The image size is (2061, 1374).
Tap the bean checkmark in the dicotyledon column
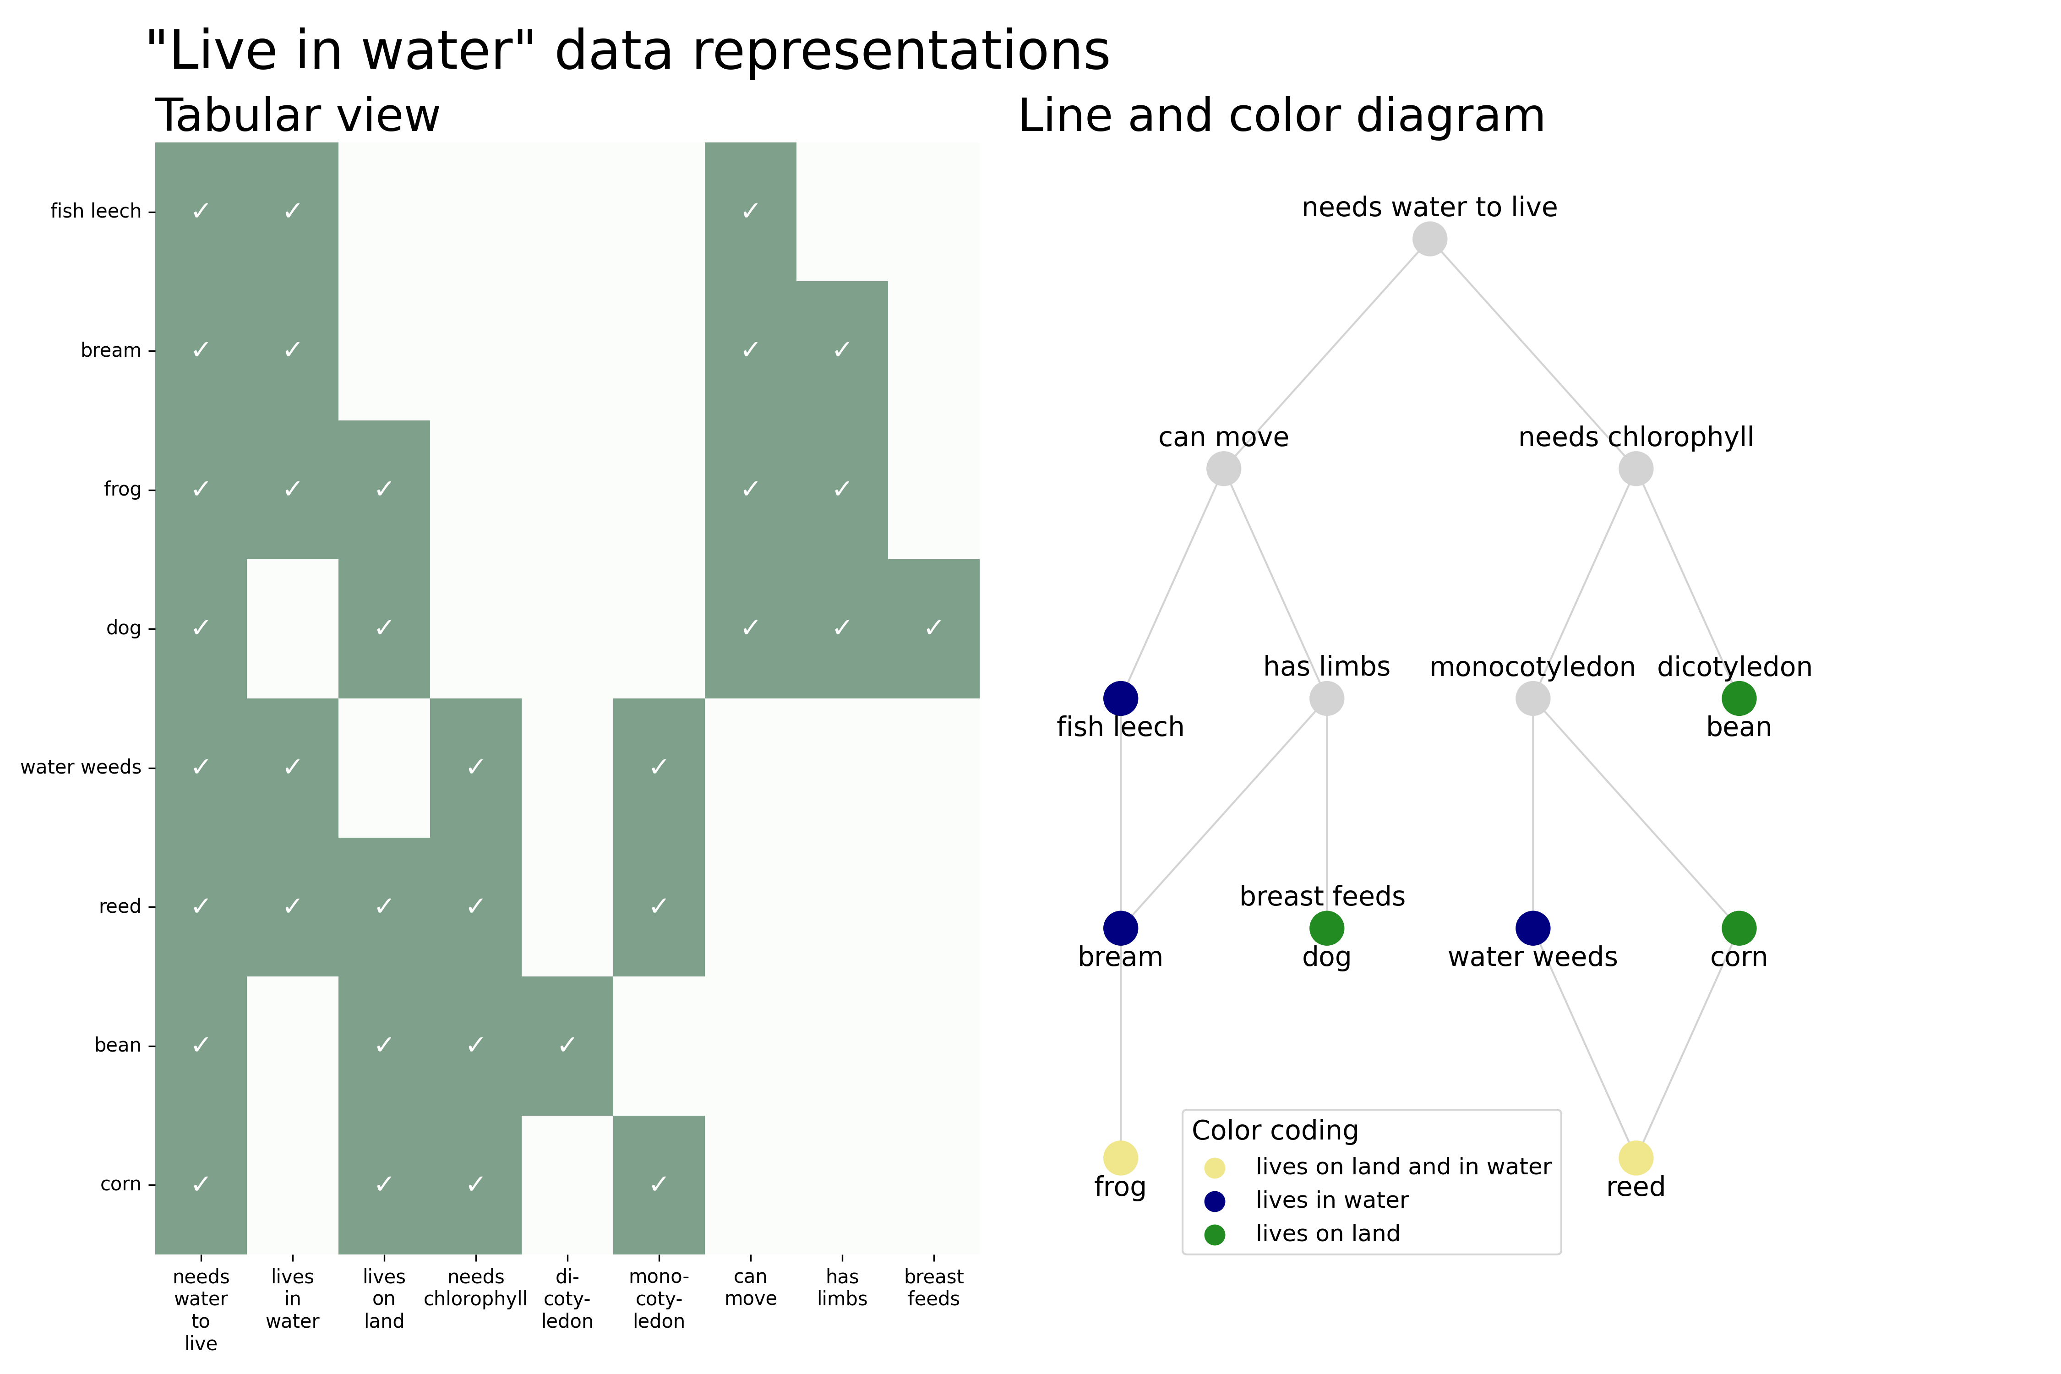coord(567,1045)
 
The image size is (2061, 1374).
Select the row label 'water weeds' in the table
coord(81,767)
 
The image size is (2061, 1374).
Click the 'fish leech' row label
coord(96,211)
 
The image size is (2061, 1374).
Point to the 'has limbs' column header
coord(842,1287)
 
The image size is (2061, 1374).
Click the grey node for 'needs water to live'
coord(1429,239)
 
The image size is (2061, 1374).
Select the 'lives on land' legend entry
coord(1328,1234)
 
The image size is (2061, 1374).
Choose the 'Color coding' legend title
coord(1275,1130)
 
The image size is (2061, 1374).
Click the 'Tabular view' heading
coord(297,116)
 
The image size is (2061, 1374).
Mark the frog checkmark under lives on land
coord(384,489)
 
